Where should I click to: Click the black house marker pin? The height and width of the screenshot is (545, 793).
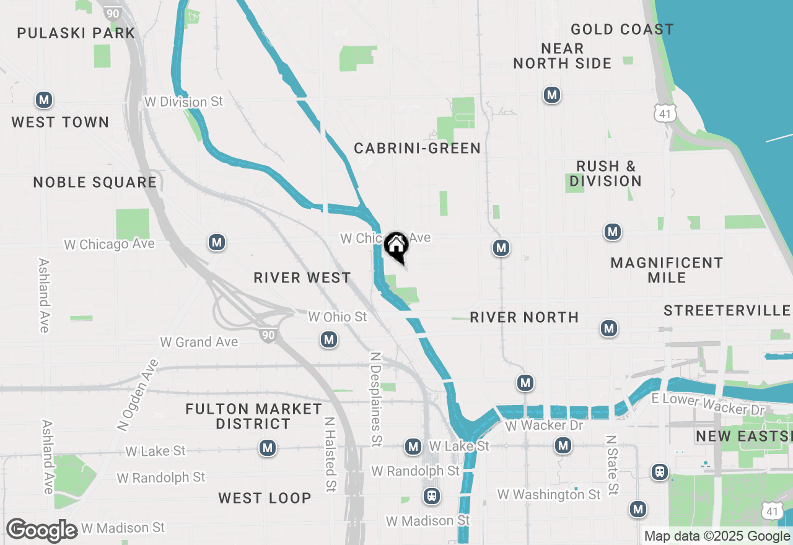click(x=396, y=246)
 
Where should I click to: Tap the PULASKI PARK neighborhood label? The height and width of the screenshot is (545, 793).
click(x=76, y=33)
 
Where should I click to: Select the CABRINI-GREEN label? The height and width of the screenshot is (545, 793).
click(x=417, y=148)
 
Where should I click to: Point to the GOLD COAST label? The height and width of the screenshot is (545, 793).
click(x=622, y=29)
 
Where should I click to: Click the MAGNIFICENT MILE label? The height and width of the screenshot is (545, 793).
click(x=667, y=270)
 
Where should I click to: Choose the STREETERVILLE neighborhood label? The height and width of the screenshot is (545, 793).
click(x=727, y=310)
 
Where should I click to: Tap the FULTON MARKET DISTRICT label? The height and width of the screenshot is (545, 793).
click(x=253, y=416)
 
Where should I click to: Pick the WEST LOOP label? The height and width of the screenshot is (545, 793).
click(x=265, y=498)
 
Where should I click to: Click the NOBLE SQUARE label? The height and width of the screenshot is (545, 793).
click(x=95, y=182)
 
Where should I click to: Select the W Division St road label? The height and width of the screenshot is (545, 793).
click(x=183, y=102)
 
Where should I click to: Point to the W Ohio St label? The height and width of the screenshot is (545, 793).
click(x=338, y=317)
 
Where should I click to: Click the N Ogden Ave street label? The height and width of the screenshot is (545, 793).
click(x=138, y=395)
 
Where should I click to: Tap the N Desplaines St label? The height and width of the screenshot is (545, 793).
click(x=375, y=399)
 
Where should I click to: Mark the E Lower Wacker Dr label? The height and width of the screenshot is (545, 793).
click(x=709, y=404)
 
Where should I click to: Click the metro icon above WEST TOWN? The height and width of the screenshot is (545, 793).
click(x=43, y=100)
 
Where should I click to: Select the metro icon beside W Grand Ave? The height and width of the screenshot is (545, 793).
click(x=329, y=339)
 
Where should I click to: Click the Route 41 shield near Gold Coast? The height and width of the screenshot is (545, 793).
click(x=664, y=113)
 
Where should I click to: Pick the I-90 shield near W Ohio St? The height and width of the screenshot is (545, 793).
click(x=268, y=335)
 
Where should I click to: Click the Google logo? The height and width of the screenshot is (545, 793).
click(x=42, y=530)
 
